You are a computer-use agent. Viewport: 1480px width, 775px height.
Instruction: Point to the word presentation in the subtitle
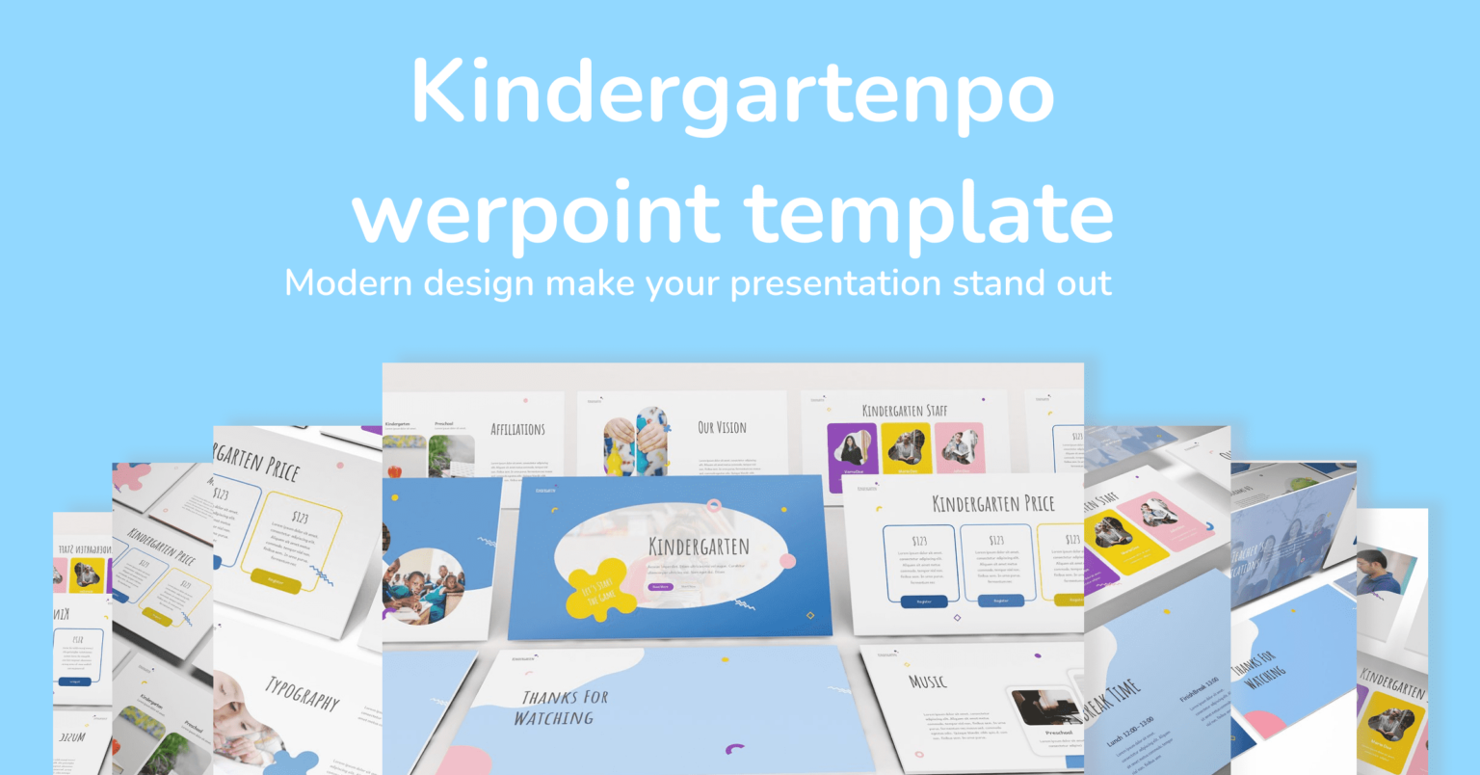(834, 283)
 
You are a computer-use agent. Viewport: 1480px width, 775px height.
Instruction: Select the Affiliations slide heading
(517, 429)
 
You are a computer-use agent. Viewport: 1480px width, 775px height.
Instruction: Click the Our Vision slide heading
(722, 427)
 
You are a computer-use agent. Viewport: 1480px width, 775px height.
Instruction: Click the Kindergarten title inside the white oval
(699, 547)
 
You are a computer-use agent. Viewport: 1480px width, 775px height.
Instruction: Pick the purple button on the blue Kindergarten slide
(661, 586)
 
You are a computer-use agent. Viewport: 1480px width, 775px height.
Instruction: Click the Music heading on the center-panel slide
(927, 681)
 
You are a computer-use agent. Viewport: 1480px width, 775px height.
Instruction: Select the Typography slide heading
(303, 692)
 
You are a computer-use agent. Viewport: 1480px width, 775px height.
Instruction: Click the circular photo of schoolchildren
(423, 585)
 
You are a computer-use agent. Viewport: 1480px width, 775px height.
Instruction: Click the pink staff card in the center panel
(960, 447)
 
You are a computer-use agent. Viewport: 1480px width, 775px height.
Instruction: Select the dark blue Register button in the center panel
(923, 601)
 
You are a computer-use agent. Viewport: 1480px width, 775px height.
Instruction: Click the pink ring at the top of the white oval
(714, 505)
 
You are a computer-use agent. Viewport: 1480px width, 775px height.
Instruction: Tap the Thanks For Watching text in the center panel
(564, 708)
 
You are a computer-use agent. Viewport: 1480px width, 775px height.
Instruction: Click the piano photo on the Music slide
(1045, 708)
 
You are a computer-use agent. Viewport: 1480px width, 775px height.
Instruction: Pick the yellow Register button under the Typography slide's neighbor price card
(277, 580)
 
